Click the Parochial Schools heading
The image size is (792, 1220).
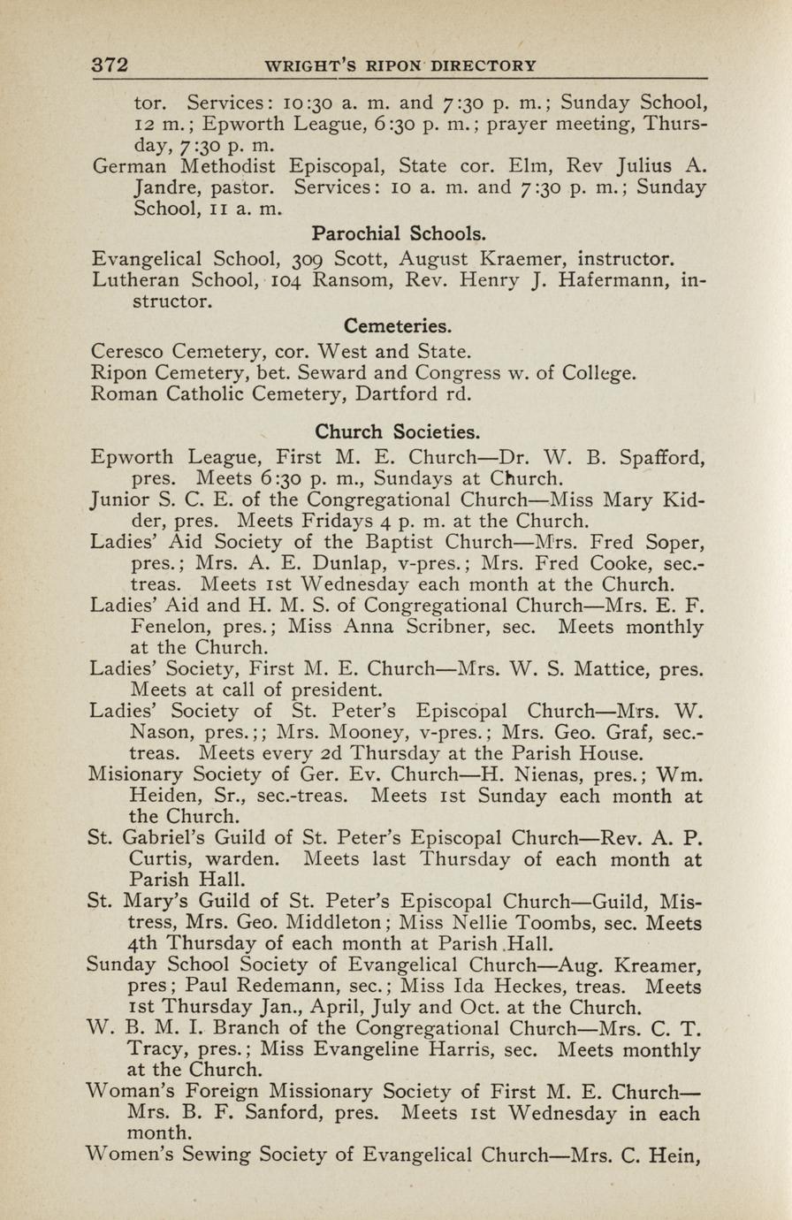pos(399,235)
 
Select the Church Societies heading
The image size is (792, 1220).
pos(399,432)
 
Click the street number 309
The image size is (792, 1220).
pos(306,260)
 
